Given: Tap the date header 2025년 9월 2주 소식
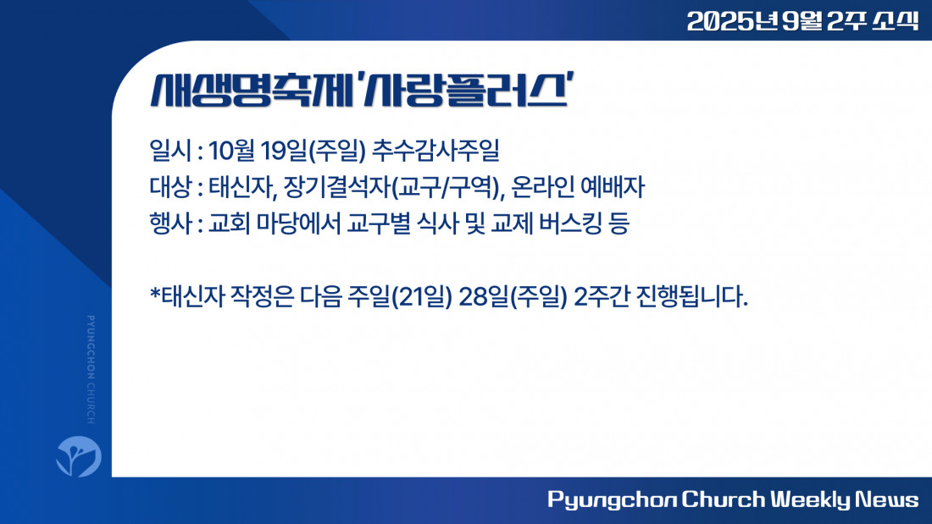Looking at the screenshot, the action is pyautogui.click(x=802, y=21).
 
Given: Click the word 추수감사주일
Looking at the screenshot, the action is pyautogui.click(x=435, y=151).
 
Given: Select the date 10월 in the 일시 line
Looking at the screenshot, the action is pyautogui.click(x=232, y=151).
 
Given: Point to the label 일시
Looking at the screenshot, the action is pyautogui.click(x=170, y=151).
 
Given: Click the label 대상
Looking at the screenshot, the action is pyautogui.click(x=170, y=187).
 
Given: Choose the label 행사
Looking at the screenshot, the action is pyautogui.click(x=170, y=224).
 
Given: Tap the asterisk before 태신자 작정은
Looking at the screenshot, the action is pyautogui.click(x=155, y=293).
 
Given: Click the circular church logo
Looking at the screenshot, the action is pyautogui.click(x=79, y=456).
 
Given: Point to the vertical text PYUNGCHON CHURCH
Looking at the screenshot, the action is pyautogui.click(x=91, y=370).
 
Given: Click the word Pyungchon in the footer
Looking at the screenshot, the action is pyautogui.click(x=612, y=500).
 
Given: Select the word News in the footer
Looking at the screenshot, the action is pyautogui.click(x=887, y=499).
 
